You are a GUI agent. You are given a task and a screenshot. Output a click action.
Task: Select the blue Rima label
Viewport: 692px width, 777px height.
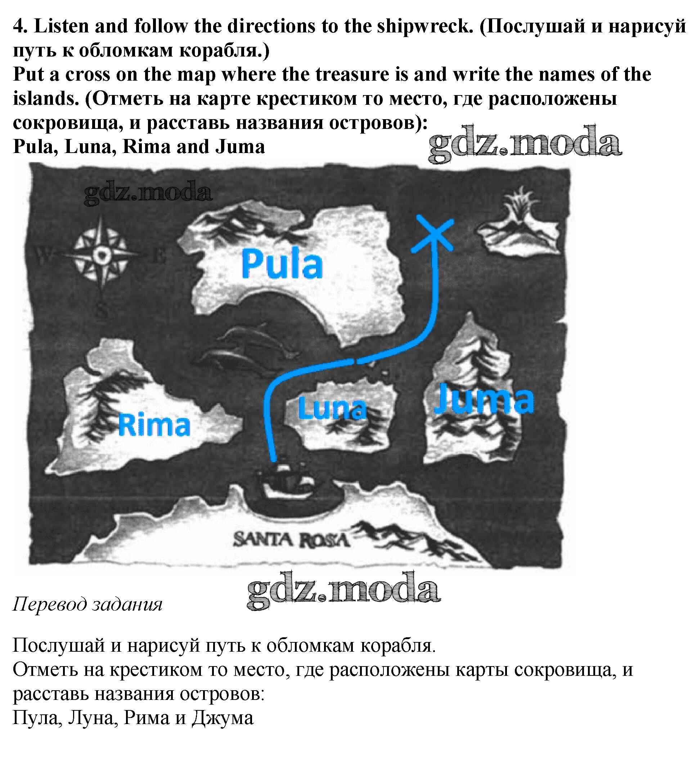(154, 425)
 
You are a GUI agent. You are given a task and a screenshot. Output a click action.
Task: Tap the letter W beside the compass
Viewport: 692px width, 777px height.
(43, 255)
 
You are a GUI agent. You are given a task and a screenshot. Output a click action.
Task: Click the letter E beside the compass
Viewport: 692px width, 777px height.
(159, 256)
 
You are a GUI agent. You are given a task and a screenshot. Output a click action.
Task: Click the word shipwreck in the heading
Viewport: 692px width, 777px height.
(425, 27)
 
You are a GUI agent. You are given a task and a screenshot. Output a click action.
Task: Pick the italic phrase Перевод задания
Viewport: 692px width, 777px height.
(88, 604)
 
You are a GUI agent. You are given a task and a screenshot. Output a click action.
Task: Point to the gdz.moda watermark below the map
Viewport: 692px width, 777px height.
(344, 590)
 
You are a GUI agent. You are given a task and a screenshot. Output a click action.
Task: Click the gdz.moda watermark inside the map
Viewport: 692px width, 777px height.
(148, 192)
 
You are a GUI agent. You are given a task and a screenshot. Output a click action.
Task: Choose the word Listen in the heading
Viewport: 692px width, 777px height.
(62, 27)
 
